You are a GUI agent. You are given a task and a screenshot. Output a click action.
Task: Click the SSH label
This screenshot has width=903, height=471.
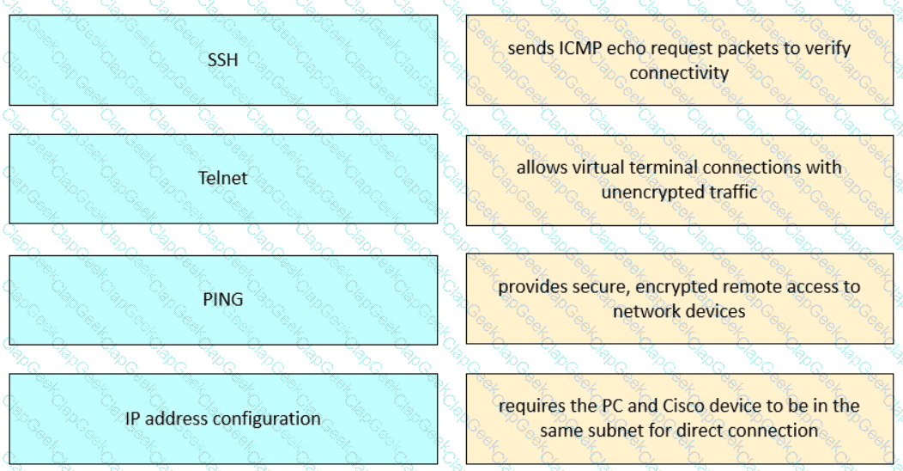point(223,59)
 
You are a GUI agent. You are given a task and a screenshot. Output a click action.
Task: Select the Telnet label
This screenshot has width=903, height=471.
point(223,178)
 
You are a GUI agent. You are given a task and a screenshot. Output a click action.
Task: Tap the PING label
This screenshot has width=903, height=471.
point(223,299)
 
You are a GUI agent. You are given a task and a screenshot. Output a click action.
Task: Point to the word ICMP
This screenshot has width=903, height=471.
point(579,48)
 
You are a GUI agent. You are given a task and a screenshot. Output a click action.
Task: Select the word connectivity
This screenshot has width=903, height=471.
point(679,73)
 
